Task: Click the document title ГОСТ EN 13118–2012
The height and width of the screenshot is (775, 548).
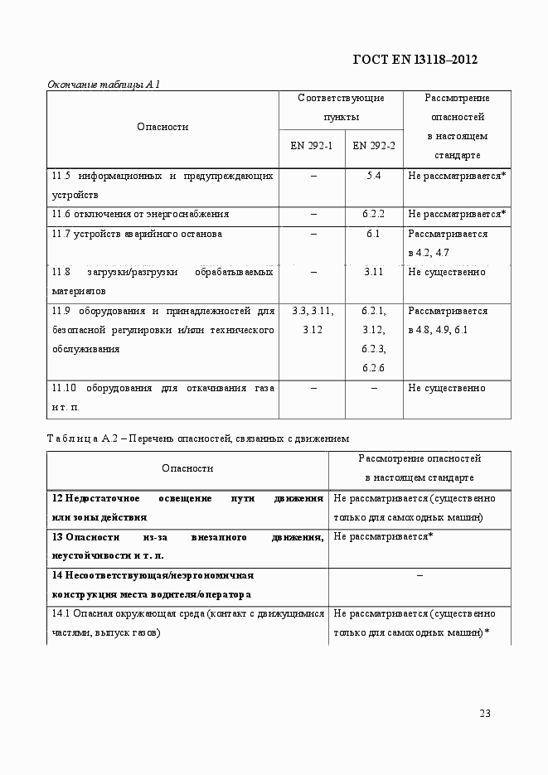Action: click(x=415, y=60)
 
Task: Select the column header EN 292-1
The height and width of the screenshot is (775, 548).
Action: click(x=311, y=146)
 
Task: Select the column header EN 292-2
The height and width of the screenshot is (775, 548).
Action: click(x=373, y=146)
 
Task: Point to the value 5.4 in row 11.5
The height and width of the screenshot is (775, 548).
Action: click(x=373, y=176)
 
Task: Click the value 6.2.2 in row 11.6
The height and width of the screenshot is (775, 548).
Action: click(x=373, y=215)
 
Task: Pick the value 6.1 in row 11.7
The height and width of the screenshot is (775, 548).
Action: click(x=373, y=234)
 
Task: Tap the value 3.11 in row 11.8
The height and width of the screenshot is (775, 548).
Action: click(x=373, y=273)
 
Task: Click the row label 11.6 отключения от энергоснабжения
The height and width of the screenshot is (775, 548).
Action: click(x=140, y=215)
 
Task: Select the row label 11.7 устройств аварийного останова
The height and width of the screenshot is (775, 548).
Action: click(x=137, y=234)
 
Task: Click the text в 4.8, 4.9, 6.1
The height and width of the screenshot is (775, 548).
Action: click(x=438, y=330)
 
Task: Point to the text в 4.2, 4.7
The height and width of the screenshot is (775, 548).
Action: click(x=429, y=253)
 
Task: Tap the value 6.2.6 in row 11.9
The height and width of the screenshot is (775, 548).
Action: click(x=373, y=368)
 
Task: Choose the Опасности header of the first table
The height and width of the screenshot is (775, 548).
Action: click(x=162, y=127)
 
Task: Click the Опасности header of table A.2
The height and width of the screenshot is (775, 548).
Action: click(x=187, y=468)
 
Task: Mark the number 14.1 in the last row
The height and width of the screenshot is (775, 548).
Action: click(x=61, y=613)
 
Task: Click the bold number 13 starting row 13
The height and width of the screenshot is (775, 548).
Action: click(x=57, y=537)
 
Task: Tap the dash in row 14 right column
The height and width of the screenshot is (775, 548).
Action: click(x=419, y=575)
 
